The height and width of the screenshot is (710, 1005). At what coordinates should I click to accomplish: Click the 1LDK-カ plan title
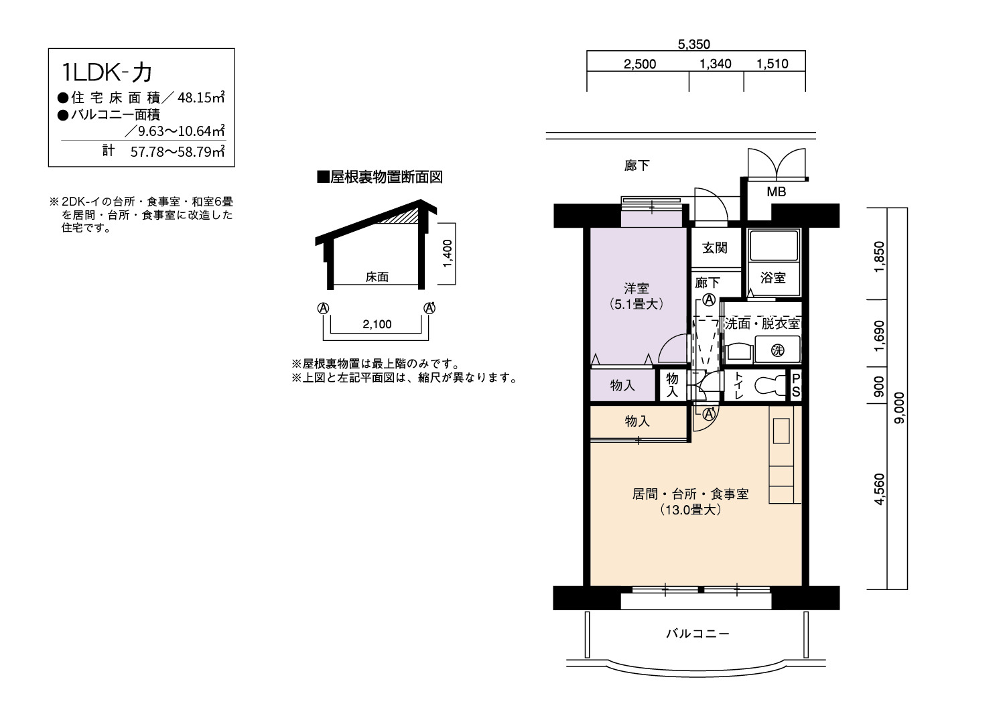tap(107, 72)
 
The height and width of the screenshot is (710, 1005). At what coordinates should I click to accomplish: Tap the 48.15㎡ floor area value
tap(201, 97)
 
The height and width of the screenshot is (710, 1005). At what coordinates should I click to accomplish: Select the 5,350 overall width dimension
tap(693, 44)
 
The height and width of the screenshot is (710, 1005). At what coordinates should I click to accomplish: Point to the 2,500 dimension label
tap(640, 64)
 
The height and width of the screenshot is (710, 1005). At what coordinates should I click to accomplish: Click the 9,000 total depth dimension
tap(900, 408)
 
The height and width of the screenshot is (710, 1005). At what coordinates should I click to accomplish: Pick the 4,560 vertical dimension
tap(879, 490)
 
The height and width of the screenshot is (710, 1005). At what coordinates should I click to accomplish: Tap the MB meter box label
tap(776, 192)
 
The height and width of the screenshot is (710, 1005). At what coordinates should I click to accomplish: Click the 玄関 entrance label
tap(715, 248)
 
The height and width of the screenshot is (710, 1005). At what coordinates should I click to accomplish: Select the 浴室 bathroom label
tap(773, 278)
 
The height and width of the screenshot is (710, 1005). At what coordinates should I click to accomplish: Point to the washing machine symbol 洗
tap(777, 350)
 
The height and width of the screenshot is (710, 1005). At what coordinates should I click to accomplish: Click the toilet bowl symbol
tap(768, 385)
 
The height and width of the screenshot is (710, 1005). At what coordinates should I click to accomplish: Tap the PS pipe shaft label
tap(796, 385)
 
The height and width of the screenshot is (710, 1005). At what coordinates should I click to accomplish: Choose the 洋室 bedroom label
tap(636, 288)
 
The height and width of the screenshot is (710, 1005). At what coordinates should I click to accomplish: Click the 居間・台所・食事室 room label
tap(691, 494)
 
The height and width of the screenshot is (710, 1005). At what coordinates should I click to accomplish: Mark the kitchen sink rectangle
tap(781, 431)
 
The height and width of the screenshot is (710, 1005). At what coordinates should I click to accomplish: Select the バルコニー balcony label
tap(697, 633)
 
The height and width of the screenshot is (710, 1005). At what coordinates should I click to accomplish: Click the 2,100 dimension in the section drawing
tap(377, 324)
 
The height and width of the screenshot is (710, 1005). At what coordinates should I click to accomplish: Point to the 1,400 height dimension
tap(448, 253)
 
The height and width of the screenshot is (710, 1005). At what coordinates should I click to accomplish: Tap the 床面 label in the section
tap(377, 277)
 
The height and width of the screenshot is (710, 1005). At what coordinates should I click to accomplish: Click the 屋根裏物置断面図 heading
tap(380, 177)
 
